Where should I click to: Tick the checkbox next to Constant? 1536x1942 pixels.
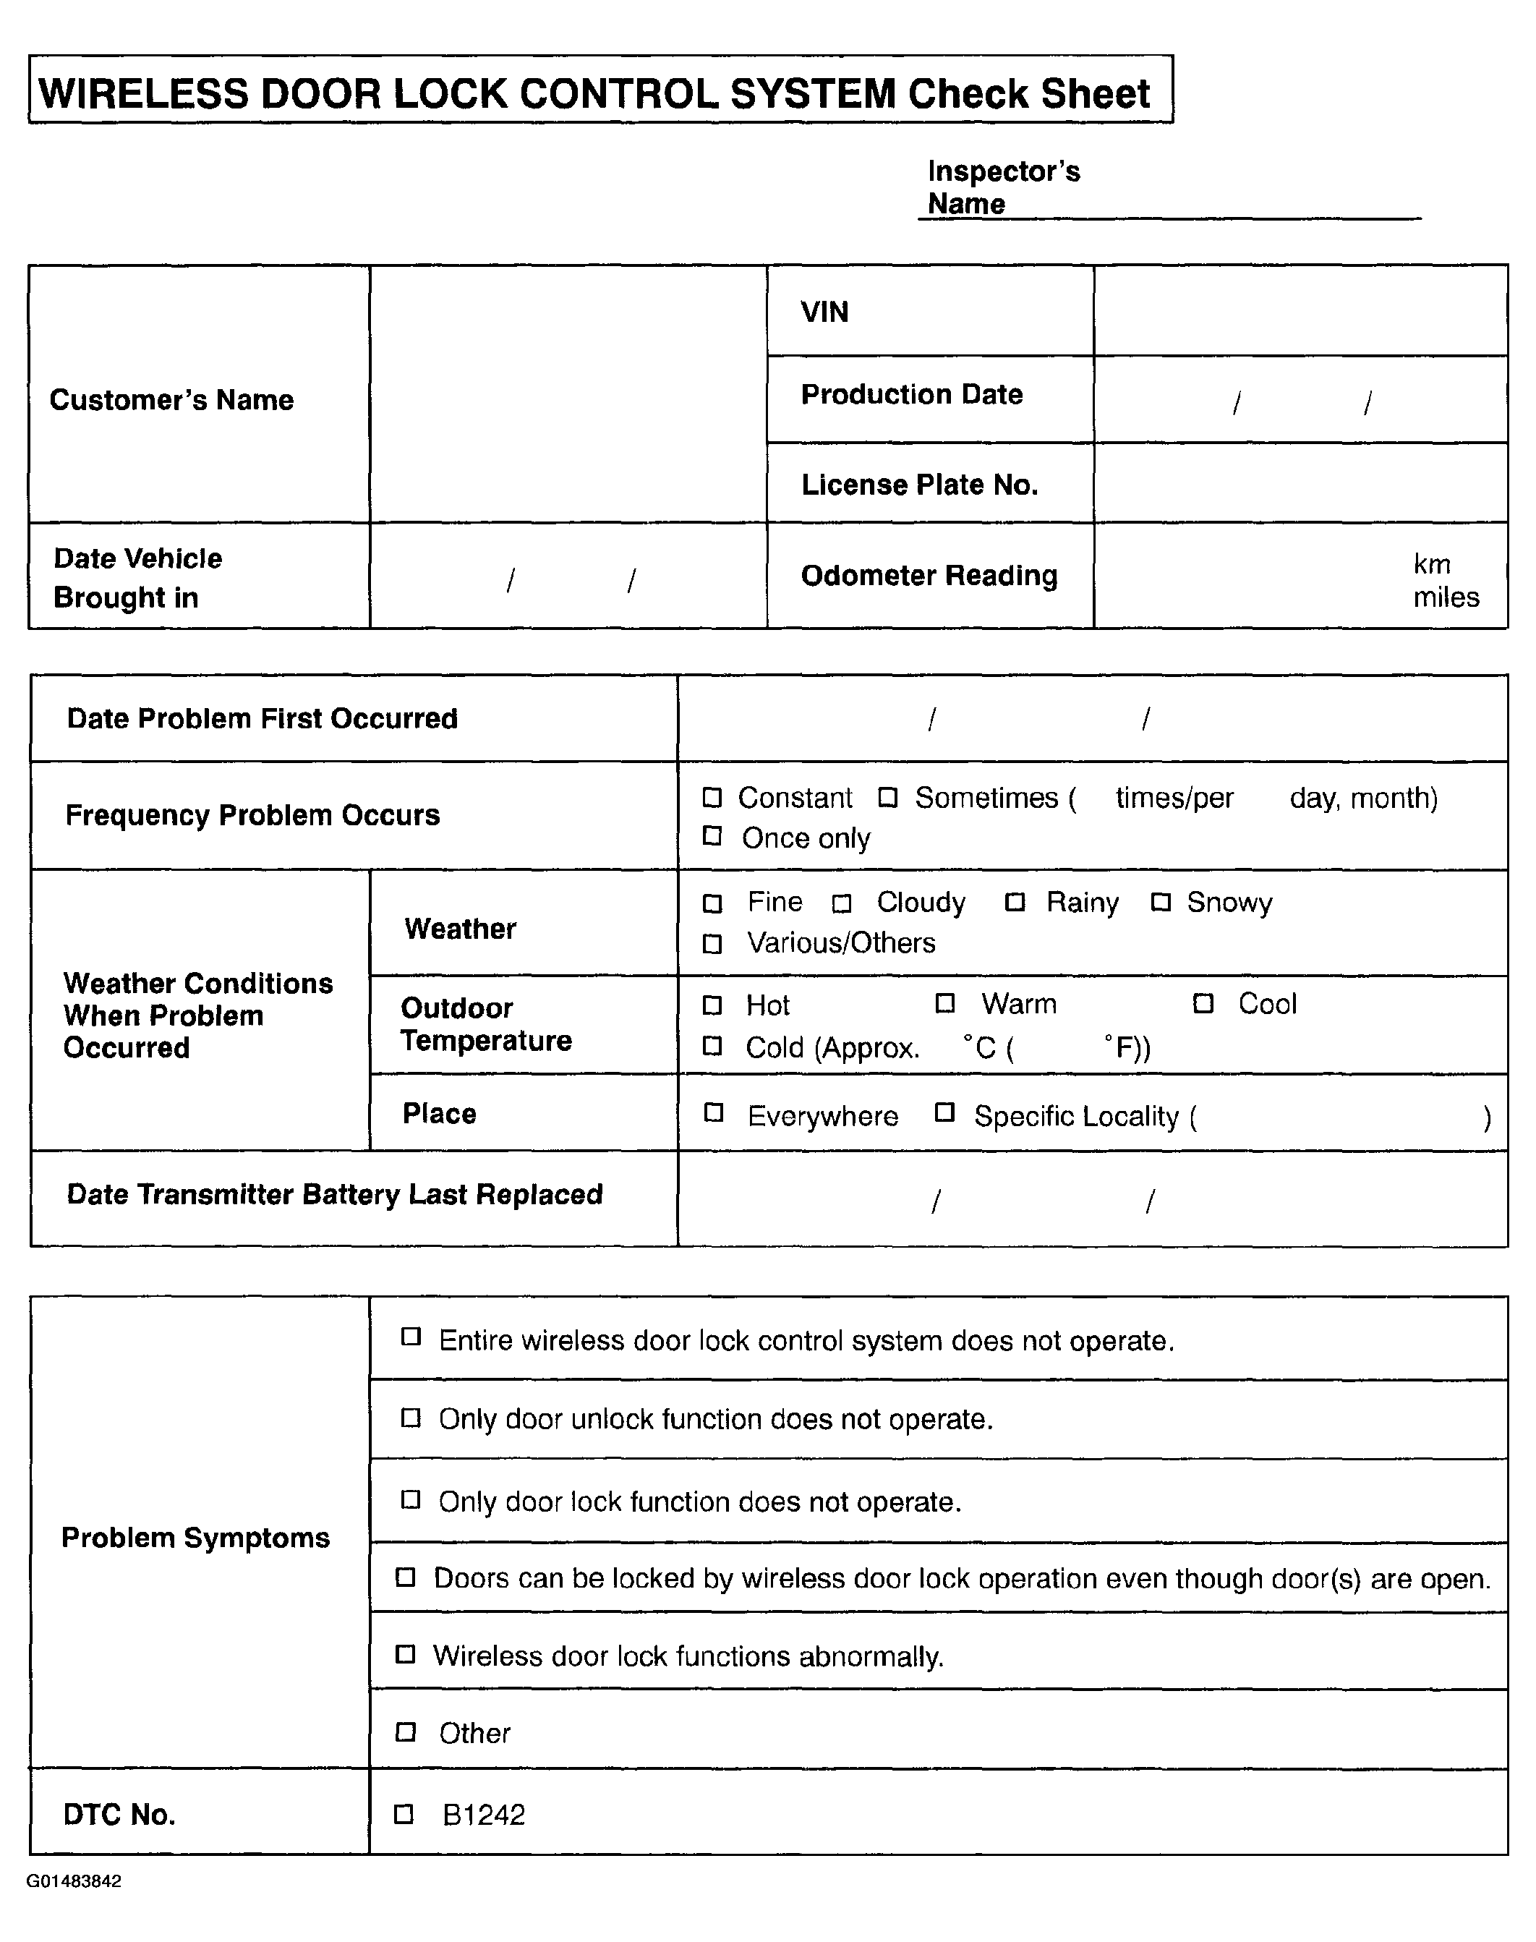(x=712, y=797)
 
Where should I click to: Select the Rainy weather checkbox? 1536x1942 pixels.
(x=1015, y=902)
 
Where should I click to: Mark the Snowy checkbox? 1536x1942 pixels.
(x=1161, y=902)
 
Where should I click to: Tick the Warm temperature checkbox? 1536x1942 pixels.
(x=945, y=1003)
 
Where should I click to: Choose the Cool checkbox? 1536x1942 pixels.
(x=1203, y=1003)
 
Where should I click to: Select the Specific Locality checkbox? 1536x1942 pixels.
(x=944, y=1112)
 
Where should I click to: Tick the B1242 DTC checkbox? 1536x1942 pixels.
(x=404, y=1814)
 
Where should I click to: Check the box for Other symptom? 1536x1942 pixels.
(x=406, y=1732)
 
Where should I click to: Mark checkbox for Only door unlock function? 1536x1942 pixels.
(x=410, y=1418)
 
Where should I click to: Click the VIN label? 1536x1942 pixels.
(x=824, y=312)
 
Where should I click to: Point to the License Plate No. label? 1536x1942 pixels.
(x=919, y=485)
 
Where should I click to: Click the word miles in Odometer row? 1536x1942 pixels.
(x=1445, y=597)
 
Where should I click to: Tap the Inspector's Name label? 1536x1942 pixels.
(x=1003, y=187)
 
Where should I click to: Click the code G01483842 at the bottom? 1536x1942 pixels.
(x=74, y=1881)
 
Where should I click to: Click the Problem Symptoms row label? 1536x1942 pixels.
(x=195, y=1537)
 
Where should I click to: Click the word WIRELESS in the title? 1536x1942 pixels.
(x=143, y=93)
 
